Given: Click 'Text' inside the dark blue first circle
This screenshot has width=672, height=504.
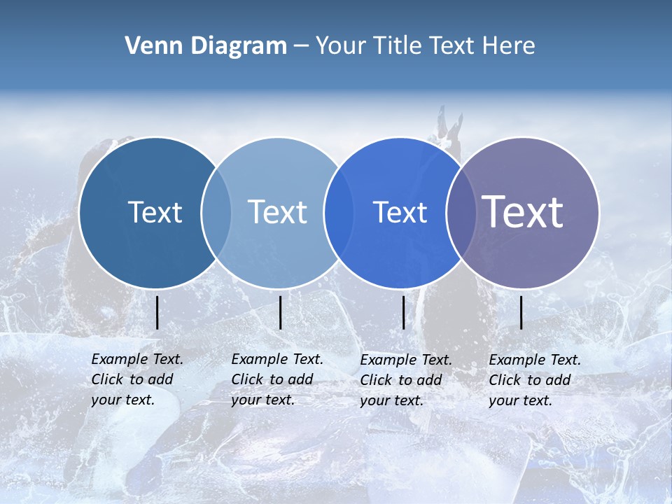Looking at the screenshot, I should coord(155,212).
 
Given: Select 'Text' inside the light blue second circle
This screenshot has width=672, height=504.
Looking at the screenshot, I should coord(277,212).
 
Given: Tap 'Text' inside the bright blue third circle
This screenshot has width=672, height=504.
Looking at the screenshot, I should coord(400,212).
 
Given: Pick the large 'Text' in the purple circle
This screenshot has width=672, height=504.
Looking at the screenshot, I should coord(523,212).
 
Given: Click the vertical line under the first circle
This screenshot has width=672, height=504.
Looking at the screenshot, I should coord(157,312).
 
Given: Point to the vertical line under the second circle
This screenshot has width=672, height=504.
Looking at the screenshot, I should coord(280,312).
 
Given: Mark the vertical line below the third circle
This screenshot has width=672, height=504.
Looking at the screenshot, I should coord(403,312).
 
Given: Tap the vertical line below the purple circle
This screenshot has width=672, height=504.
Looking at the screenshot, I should coord(521,312).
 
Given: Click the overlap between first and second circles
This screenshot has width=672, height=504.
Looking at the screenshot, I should coord(216,212).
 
